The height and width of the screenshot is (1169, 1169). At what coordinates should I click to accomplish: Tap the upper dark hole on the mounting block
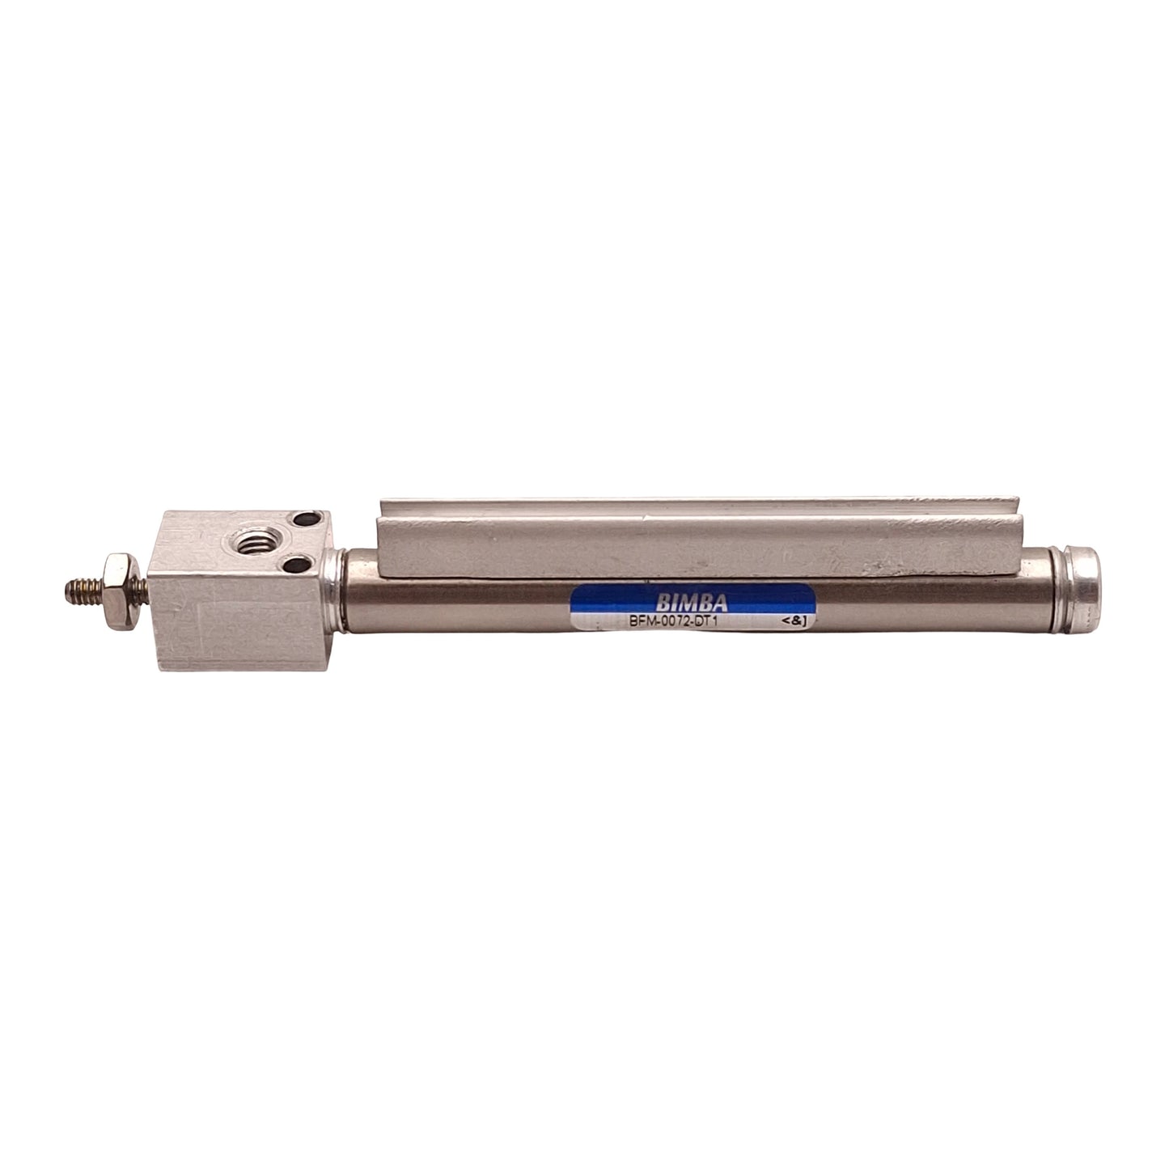[307, 524]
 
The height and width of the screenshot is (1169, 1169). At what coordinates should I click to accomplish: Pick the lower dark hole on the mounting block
[305, 564]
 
